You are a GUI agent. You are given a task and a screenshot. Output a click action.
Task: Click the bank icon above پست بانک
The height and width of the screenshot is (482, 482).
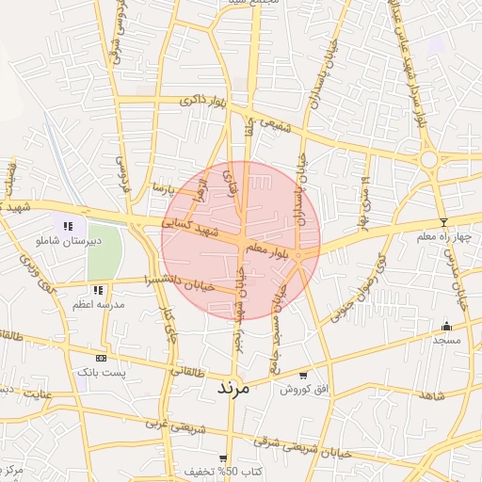[x=101, y=358]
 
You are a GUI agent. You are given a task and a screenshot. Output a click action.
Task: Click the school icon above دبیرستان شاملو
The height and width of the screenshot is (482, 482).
[x=68, y=225]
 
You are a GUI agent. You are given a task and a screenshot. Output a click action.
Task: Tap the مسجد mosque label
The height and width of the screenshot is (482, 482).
[x=444, y=340]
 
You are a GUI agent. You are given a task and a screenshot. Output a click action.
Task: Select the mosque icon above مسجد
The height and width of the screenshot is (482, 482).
[x=445, y=326]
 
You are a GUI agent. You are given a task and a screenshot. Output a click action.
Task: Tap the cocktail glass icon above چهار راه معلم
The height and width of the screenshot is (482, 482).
[x=443, y=222]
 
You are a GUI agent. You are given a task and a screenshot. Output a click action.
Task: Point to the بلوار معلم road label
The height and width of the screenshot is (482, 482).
[x=268, y=248]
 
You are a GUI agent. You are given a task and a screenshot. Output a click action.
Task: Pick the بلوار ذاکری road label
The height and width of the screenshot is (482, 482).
[x=204, y=101]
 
